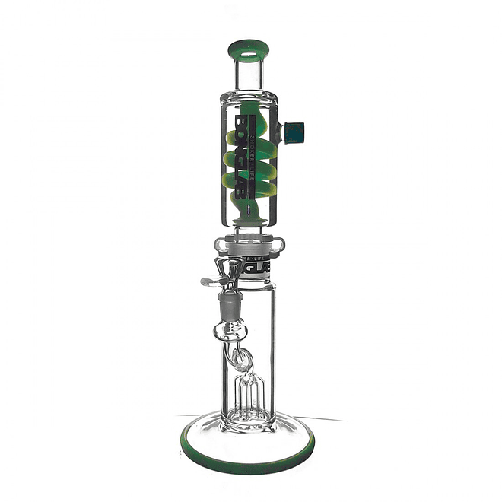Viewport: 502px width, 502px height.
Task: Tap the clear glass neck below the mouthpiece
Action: point(248,77)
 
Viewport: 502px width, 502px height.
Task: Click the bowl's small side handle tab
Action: point(206,282)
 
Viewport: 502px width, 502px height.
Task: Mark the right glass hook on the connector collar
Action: point(280,244)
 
